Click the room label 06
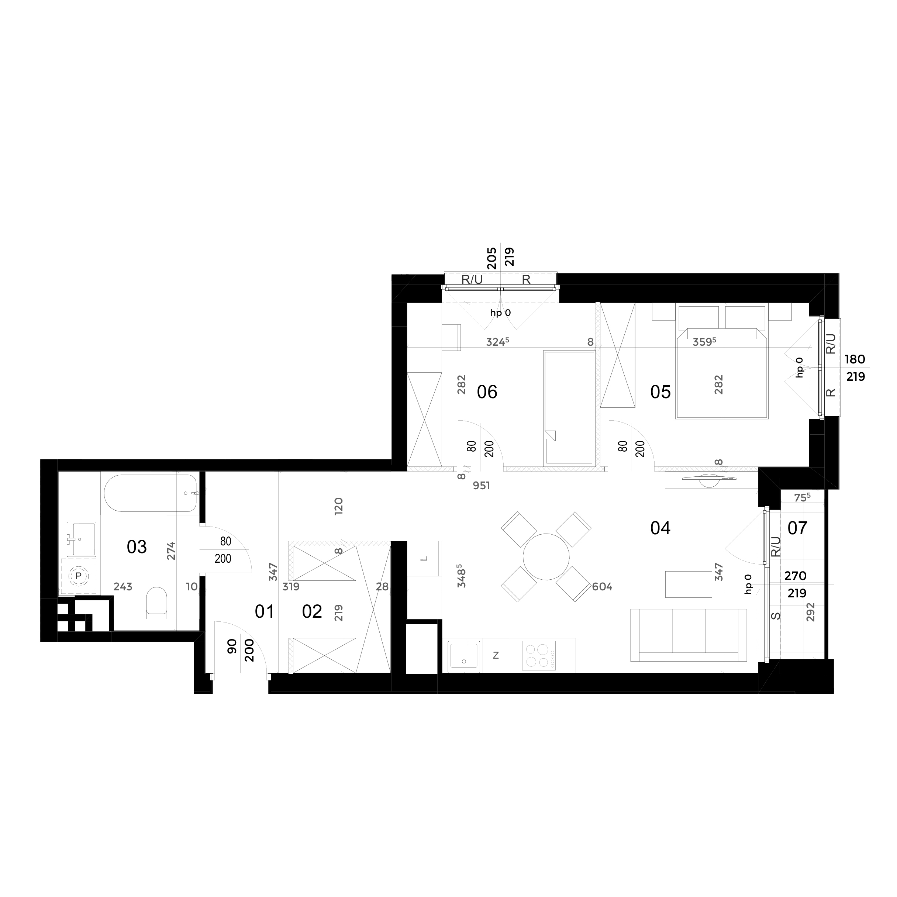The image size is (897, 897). [x=487, y=392]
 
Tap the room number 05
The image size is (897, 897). [x=660, y=392]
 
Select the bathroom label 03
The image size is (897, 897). [x=137, y=547]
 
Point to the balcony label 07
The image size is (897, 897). [x=797, y=528]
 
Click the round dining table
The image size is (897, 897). [x=546, y=557]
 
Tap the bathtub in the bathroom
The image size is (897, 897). [x=151, y=493]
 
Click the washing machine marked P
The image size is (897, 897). [x=79, y=576]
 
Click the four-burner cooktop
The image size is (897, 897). [x=539, y=656]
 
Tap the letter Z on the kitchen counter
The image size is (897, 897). [x=496, y=656]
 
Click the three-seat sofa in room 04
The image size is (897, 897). [x=689, y=635]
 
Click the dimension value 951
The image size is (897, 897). [x=482, y=486]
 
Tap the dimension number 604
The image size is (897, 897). [x=602, y=587]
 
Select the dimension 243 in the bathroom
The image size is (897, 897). [x=123, y=587]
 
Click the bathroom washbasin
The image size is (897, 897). [x=81, y=539]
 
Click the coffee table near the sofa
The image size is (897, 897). [x=689, y=584]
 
